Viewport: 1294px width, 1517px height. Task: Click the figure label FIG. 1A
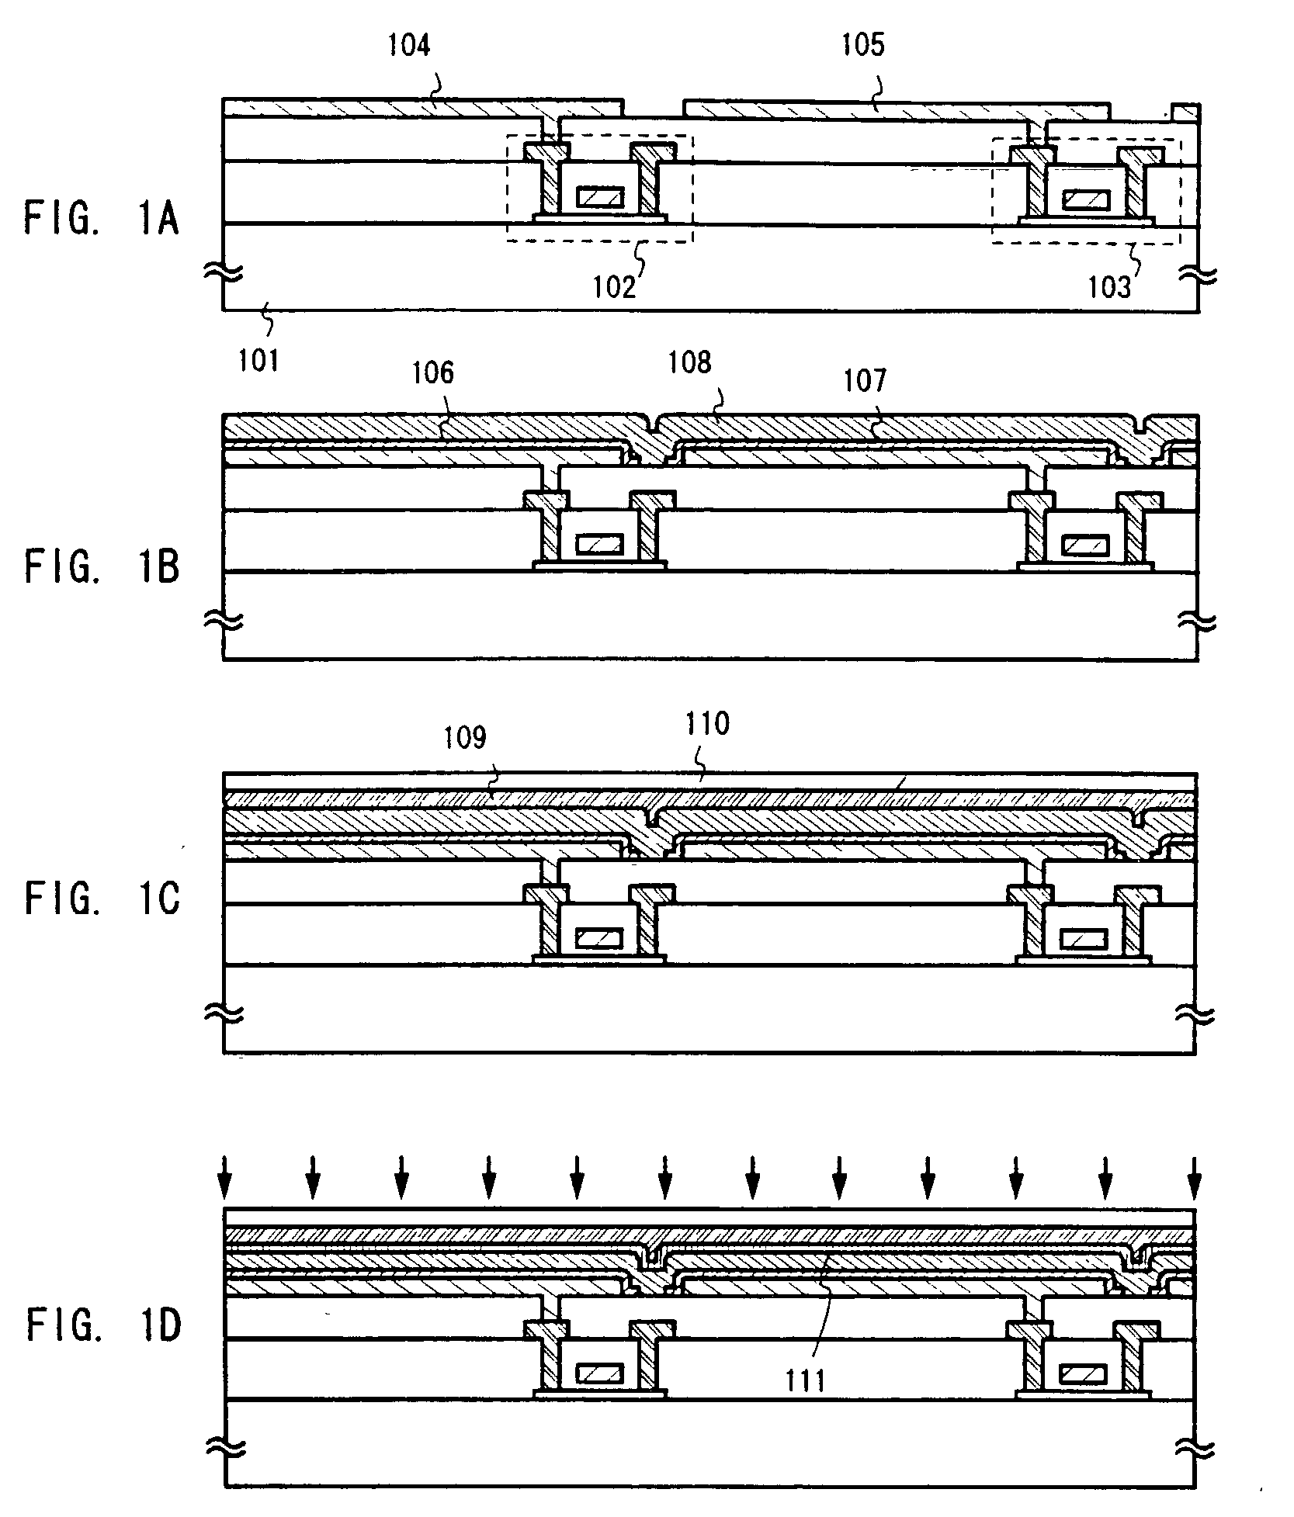coord(102,219)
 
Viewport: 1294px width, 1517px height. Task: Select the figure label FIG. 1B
coord(102,567)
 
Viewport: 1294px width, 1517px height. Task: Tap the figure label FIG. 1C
coord(102,900)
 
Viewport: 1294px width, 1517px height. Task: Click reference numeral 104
coord(409,46)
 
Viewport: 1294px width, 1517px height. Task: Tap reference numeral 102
coord(615,286)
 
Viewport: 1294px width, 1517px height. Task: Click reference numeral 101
coord(258,360)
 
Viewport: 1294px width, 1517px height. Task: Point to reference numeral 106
coord(432,373)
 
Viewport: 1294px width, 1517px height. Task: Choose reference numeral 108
coord(689,363)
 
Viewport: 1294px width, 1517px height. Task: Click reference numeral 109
coord(464,737)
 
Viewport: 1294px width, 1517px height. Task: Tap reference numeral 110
coord(707,725)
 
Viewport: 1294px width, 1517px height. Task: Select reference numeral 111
coord(806,1380)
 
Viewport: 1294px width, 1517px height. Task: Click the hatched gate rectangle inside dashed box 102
coord(599,197)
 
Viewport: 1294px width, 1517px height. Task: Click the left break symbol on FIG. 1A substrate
coord(224,272)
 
